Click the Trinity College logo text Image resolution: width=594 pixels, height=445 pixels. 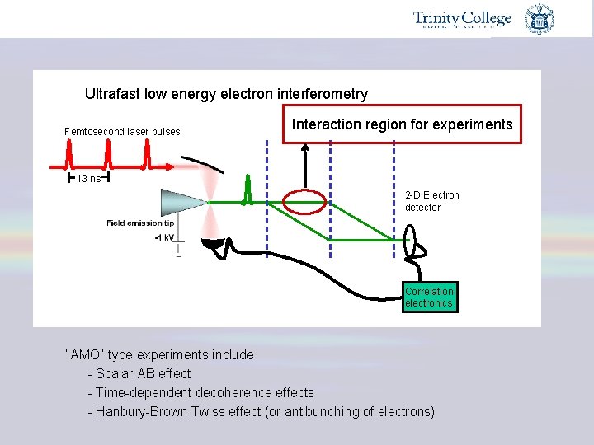pos(462,19)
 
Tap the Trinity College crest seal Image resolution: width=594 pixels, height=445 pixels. pos(540,19)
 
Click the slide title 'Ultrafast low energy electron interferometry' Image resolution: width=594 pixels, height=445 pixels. pos(226,94)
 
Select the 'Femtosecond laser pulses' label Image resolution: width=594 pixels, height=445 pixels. pos(122,132)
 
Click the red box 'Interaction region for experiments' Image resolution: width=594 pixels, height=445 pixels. pos(403,124)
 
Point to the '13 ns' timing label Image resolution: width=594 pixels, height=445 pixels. pos(88,179)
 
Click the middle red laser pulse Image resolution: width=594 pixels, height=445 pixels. pos(107,152)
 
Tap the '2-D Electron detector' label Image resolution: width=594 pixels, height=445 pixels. pos(431,201)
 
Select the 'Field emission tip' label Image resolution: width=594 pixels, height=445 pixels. pos(140,222)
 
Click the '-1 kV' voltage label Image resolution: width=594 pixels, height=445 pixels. pos(163,237)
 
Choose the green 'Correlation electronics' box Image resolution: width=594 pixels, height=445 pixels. pos(429,297)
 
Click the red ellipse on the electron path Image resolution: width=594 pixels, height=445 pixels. pos(304,201)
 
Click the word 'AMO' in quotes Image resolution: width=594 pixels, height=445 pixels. pos(82,354)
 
